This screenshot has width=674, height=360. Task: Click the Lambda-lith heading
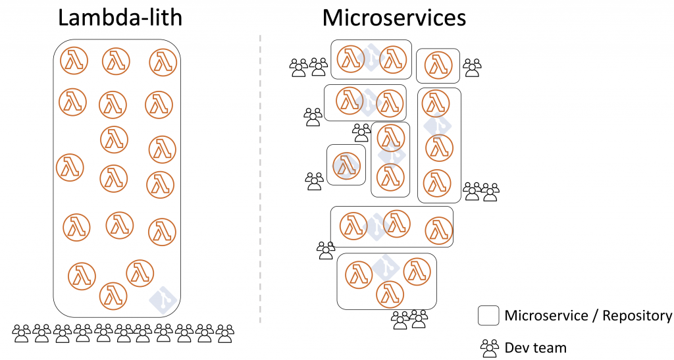coord(120,18)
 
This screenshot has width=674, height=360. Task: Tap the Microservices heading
coord(394,18)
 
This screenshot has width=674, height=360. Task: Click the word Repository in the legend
coord(637,316)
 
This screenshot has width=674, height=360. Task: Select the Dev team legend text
coord(536,347)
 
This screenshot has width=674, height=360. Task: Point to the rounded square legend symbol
coord(488,315)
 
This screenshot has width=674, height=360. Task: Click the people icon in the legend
coord(490,348)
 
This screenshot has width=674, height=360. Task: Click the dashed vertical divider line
coord(260,178)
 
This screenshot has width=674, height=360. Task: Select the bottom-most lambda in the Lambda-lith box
coord(113,296)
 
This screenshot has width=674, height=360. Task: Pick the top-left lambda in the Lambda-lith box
coord(74,61)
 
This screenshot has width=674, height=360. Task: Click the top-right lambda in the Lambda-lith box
coord(163,63)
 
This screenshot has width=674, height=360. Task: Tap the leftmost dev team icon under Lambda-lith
coord(21,334)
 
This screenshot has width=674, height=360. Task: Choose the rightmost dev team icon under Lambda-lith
coord(225,334)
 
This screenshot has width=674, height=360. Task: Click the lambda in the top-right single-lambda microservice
coord(438,66)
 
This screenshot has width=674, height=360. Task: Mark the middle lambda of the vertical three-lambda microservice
coord(439,148)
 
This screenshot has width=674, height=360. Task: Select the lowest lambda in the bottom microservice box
coord(390,295)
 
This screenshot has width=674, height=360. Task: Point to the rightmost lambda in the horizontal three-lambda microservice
coord(439,231)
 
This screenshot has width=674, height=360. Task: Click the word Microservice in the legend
coord(546,316)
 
